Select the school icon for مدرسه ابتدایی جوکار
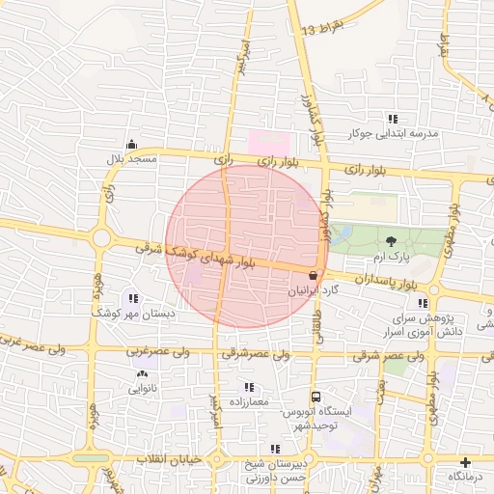[393, 118]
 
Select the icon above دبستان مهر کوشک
[132, 298]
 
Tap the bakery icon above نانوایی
[143, 373]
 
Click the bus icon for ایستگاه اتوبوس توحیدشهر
[316, 397]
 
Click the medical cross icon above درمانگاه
[466, 462]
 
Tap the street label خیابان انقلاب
[170, 459]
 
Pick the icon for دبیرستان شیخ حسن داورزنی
[276, 449]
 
